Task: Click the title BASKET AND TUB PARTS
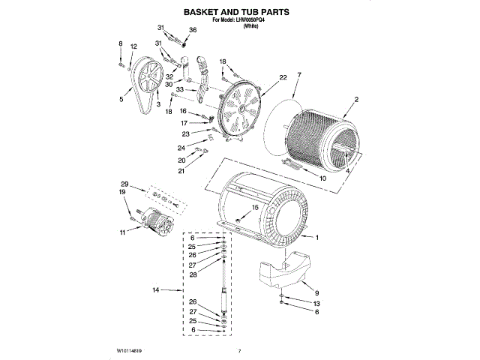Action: [x=237, y=13]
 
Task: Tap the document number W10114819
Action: [x=130, y=350]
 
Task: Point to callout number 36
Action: [x=193, y=30]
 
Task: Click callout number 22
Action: [x=283, y=77]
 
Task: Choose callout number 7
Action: [x=298, y=75]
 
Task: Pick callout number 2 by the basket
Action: [x=356, y=100]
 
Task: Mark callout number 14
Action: [x=156, y=289]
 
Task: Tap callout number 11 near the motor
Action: [x=122, y=232]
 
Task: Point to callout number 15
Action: [x=254, y=207]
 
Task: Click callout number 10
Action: [x=322, y=178]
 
